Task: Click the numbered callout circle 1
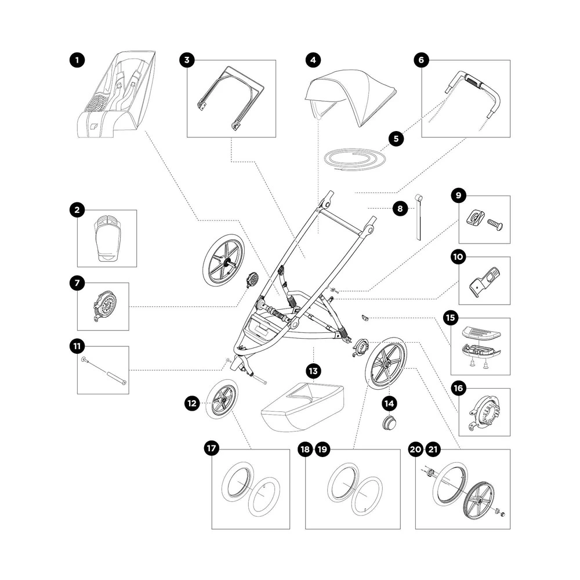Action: point(76,60)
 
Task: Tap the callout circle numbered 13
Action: point(313,370)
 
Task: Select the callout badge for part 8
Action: point(400,208)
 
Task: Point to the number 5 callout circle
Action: point(396,138)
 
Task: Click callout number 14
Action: point(389,401)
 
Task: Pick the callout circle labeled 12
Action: point(193,401)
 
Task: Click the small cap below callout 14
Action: point(388,423)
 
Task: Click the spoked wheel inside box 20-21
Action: point(479,497)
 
